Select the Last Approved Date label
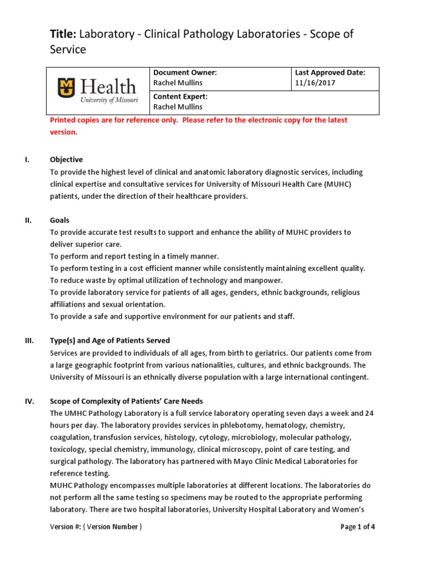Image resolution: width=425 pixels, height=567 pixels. tap(329, 73)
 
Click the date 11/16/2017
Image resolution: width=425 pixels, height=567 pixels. tap(315, 83)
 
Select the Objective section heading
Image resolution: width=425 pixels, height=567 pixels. tap(66, 159)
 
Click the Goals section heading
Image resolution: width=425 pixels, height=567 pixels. tap(60, 220)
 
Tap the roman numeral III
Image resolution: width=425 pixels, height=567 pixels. tap(29, 341)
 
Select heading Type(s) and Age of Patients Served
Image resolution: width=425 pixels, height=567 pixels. tap(110, 341)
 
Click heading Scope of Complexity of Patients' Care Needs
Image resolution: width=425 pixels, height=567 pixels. tap(127, 401)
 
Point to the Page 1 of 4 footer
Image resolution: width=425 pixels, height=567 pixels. tap(358, 527)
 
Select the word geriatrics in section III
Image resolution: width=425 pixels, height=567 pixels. tap(261, 353)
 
